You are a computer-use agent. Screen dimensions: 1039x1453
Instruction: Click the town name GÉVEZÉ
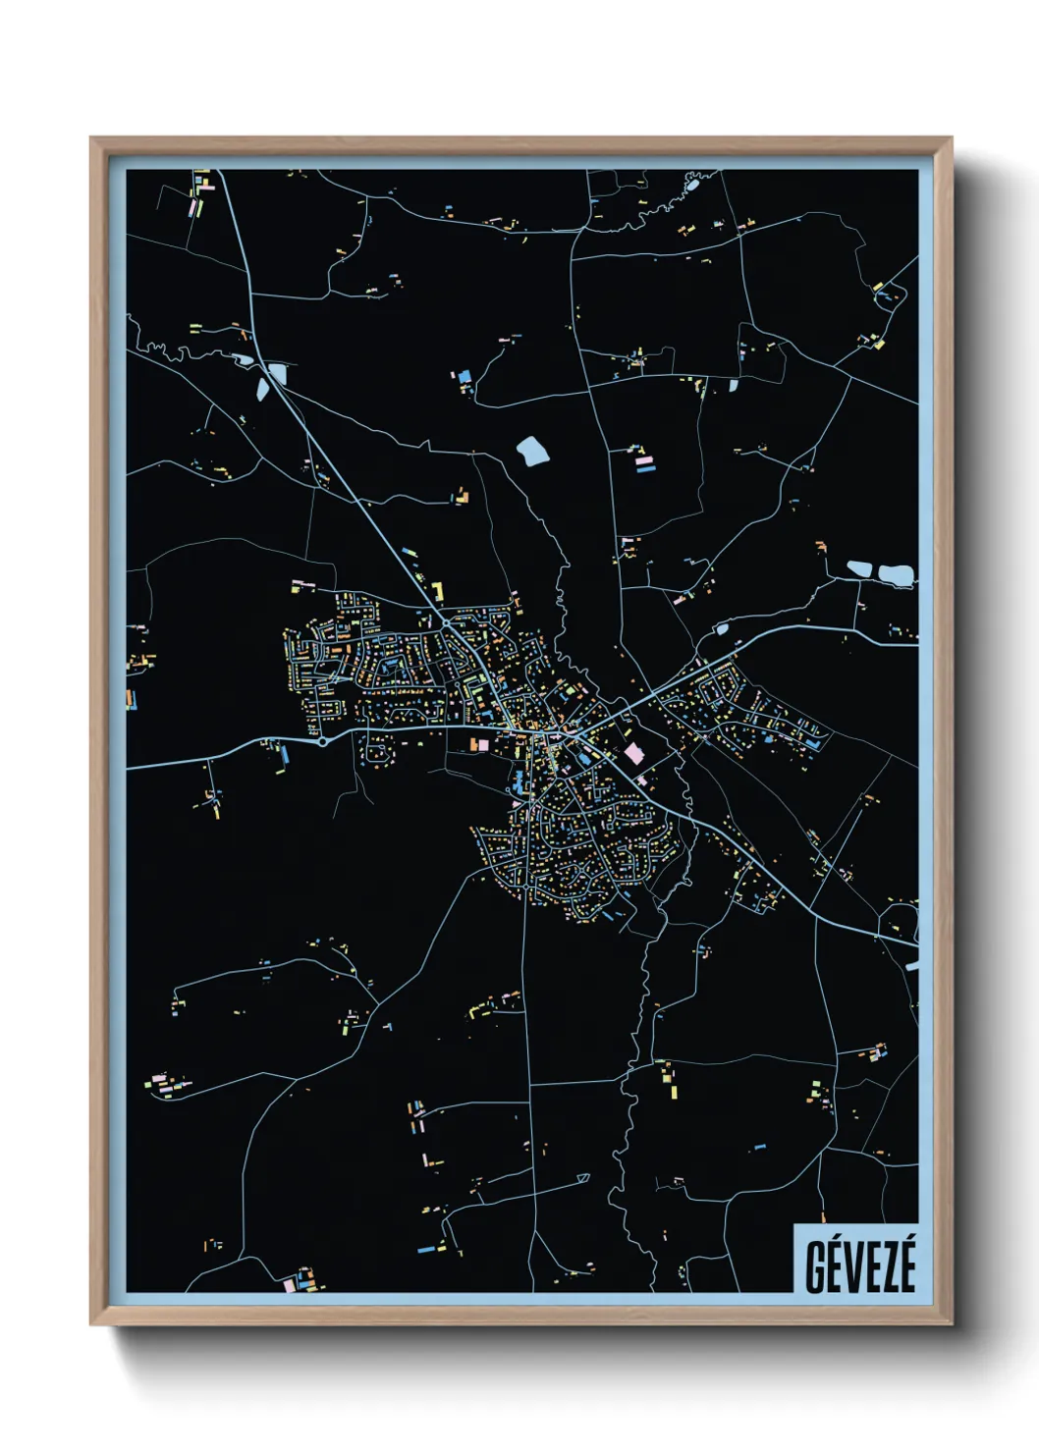pyautogui.click(x=859, y=1265)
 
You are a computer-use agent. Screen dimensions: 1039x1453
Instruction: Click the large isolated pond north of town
pyautogui.click(x=533, y=451)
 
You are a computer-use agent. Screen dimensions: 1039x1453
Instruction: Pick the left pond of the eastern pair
pyautogui.click(x=859, y=568)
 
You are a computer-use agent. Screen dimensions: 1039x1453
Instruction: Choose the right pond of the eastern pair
pyautogui.click(x=896, y=575)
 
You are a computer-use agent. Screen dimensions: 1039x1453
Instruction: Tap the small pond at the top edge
pyautogui.click(x=692, y=184)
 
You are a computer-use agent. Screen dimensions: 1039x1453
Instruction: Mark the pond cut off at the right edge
pyautogui.click(x=913, y=966)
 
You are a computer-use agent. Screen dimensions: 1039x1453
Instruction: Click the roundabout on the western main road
pyautogui.click(x=322, y=742)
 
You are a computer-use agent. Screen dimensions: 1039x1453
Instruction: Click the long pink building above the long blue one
pyautogui.click(x=644, y=459)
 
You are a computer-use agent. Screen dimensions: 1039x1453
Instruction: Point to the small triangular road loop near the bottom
pyautogui.click(x=582, y=1177)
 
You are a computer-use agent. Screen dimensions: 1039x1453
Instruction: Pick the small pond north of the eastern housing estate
pyautogui.click(x=723, y=628)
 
